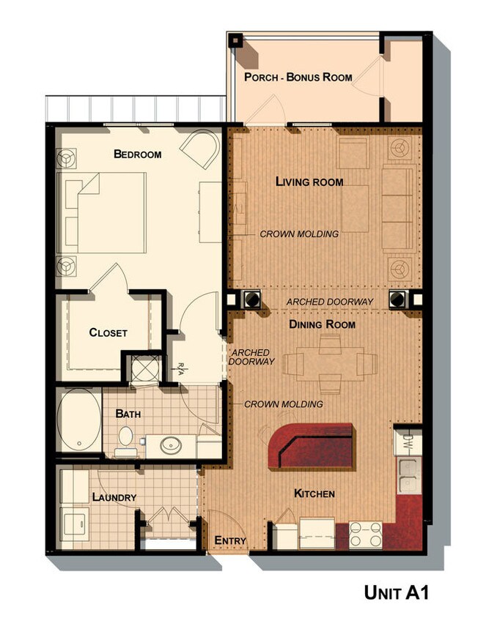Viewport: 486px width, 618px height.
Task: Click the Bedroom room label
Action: (x=137, y=154)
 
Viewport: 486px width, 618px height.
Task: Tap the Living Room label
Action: (x=309, y=182)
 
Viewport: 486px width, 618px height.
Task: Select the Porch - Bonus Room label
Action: (x=298, y=77)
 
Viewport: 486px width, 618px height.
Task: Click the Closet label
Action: (x=108, y=332)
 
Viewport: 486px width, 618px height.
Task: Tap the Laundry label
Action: (x=114, y=497)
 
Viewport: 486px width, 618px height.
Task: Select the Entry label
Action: (x=229, y=541)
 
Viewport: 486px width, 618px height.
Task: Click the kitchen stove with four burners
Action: (x=366, y=535)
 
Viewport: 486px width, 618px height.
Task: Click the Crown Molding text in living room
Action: (x=299, y=234)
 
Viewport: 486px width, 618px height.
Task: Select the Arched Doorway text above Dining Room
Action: (x=330, y=302)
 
